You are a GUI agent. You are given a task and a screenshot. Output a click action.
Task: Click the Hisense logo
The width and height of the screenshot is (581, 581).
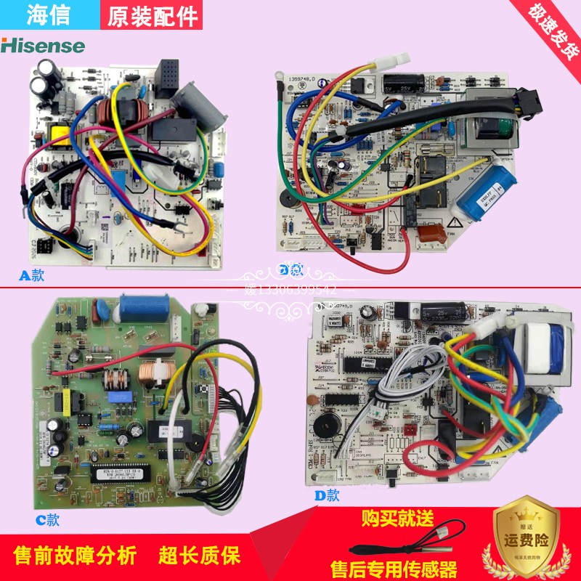(x=43, y=45)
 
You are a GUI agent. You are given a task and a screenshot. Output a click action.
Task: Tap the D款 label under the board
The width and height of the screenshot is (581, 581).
(x=327, y=495)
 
